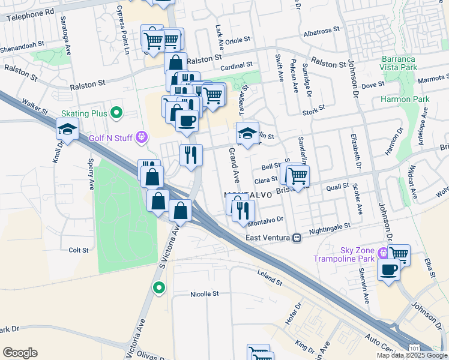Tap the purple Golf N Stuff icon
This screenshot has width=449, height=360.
pyautogui.click(x=142, y=137)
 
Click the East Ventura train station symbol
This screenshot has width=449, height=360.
pyautogui.click(x=296, y=238)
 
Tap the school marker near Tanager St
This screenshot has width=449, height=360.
pyautogui.click(x=247, y=134)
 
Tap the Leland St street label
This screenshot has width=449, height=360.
pyautogui.click(x=269, y=279)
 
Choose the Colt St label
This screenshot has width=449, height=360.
pyautogui.click(x=79, y=250)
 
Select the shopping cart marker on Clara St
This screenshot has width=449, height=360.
pyautogui.click(x=297, y=175)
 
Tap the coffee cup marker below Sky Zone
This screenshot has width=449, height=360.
pyautogui.click(x=388, y=269)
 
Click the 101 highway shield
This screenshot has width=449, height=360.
pyautogui.click(x=414, y=348)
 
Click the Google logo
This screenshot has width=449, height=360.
pyautogui.click(x=20, y=353)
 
